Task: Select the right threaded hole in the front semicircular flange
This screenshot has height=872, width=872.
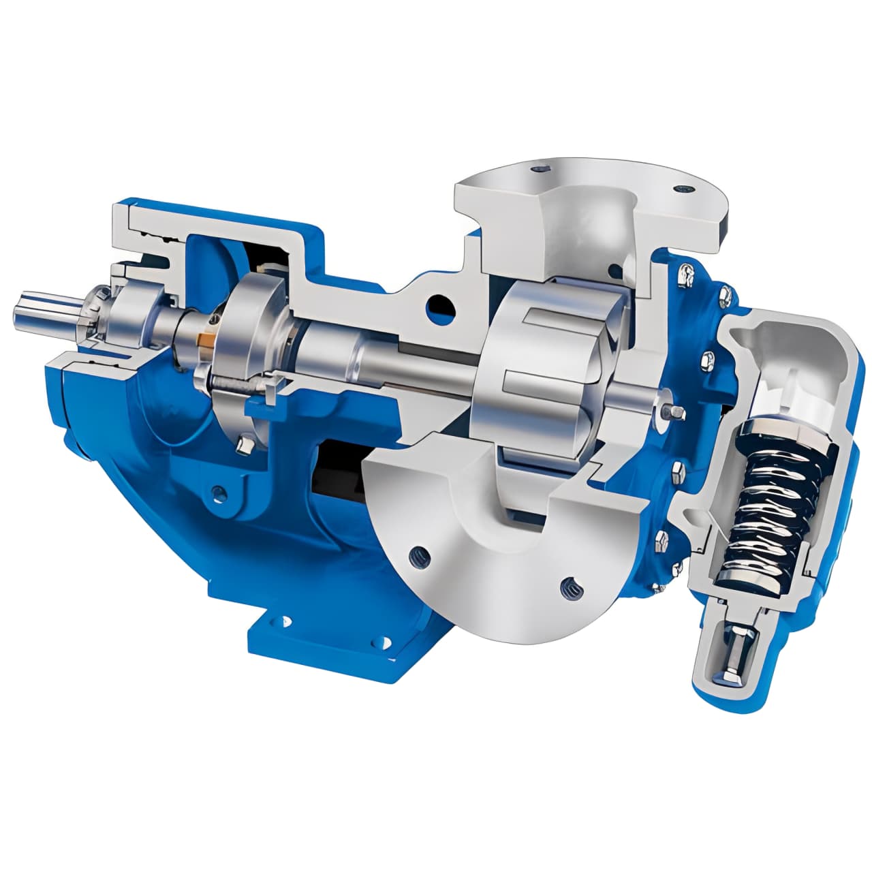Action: pyautogui.click(x=567, y=585)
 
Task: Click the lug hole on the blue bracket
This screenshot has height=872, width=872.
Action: pyautogui.click(x=218, y=490)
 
